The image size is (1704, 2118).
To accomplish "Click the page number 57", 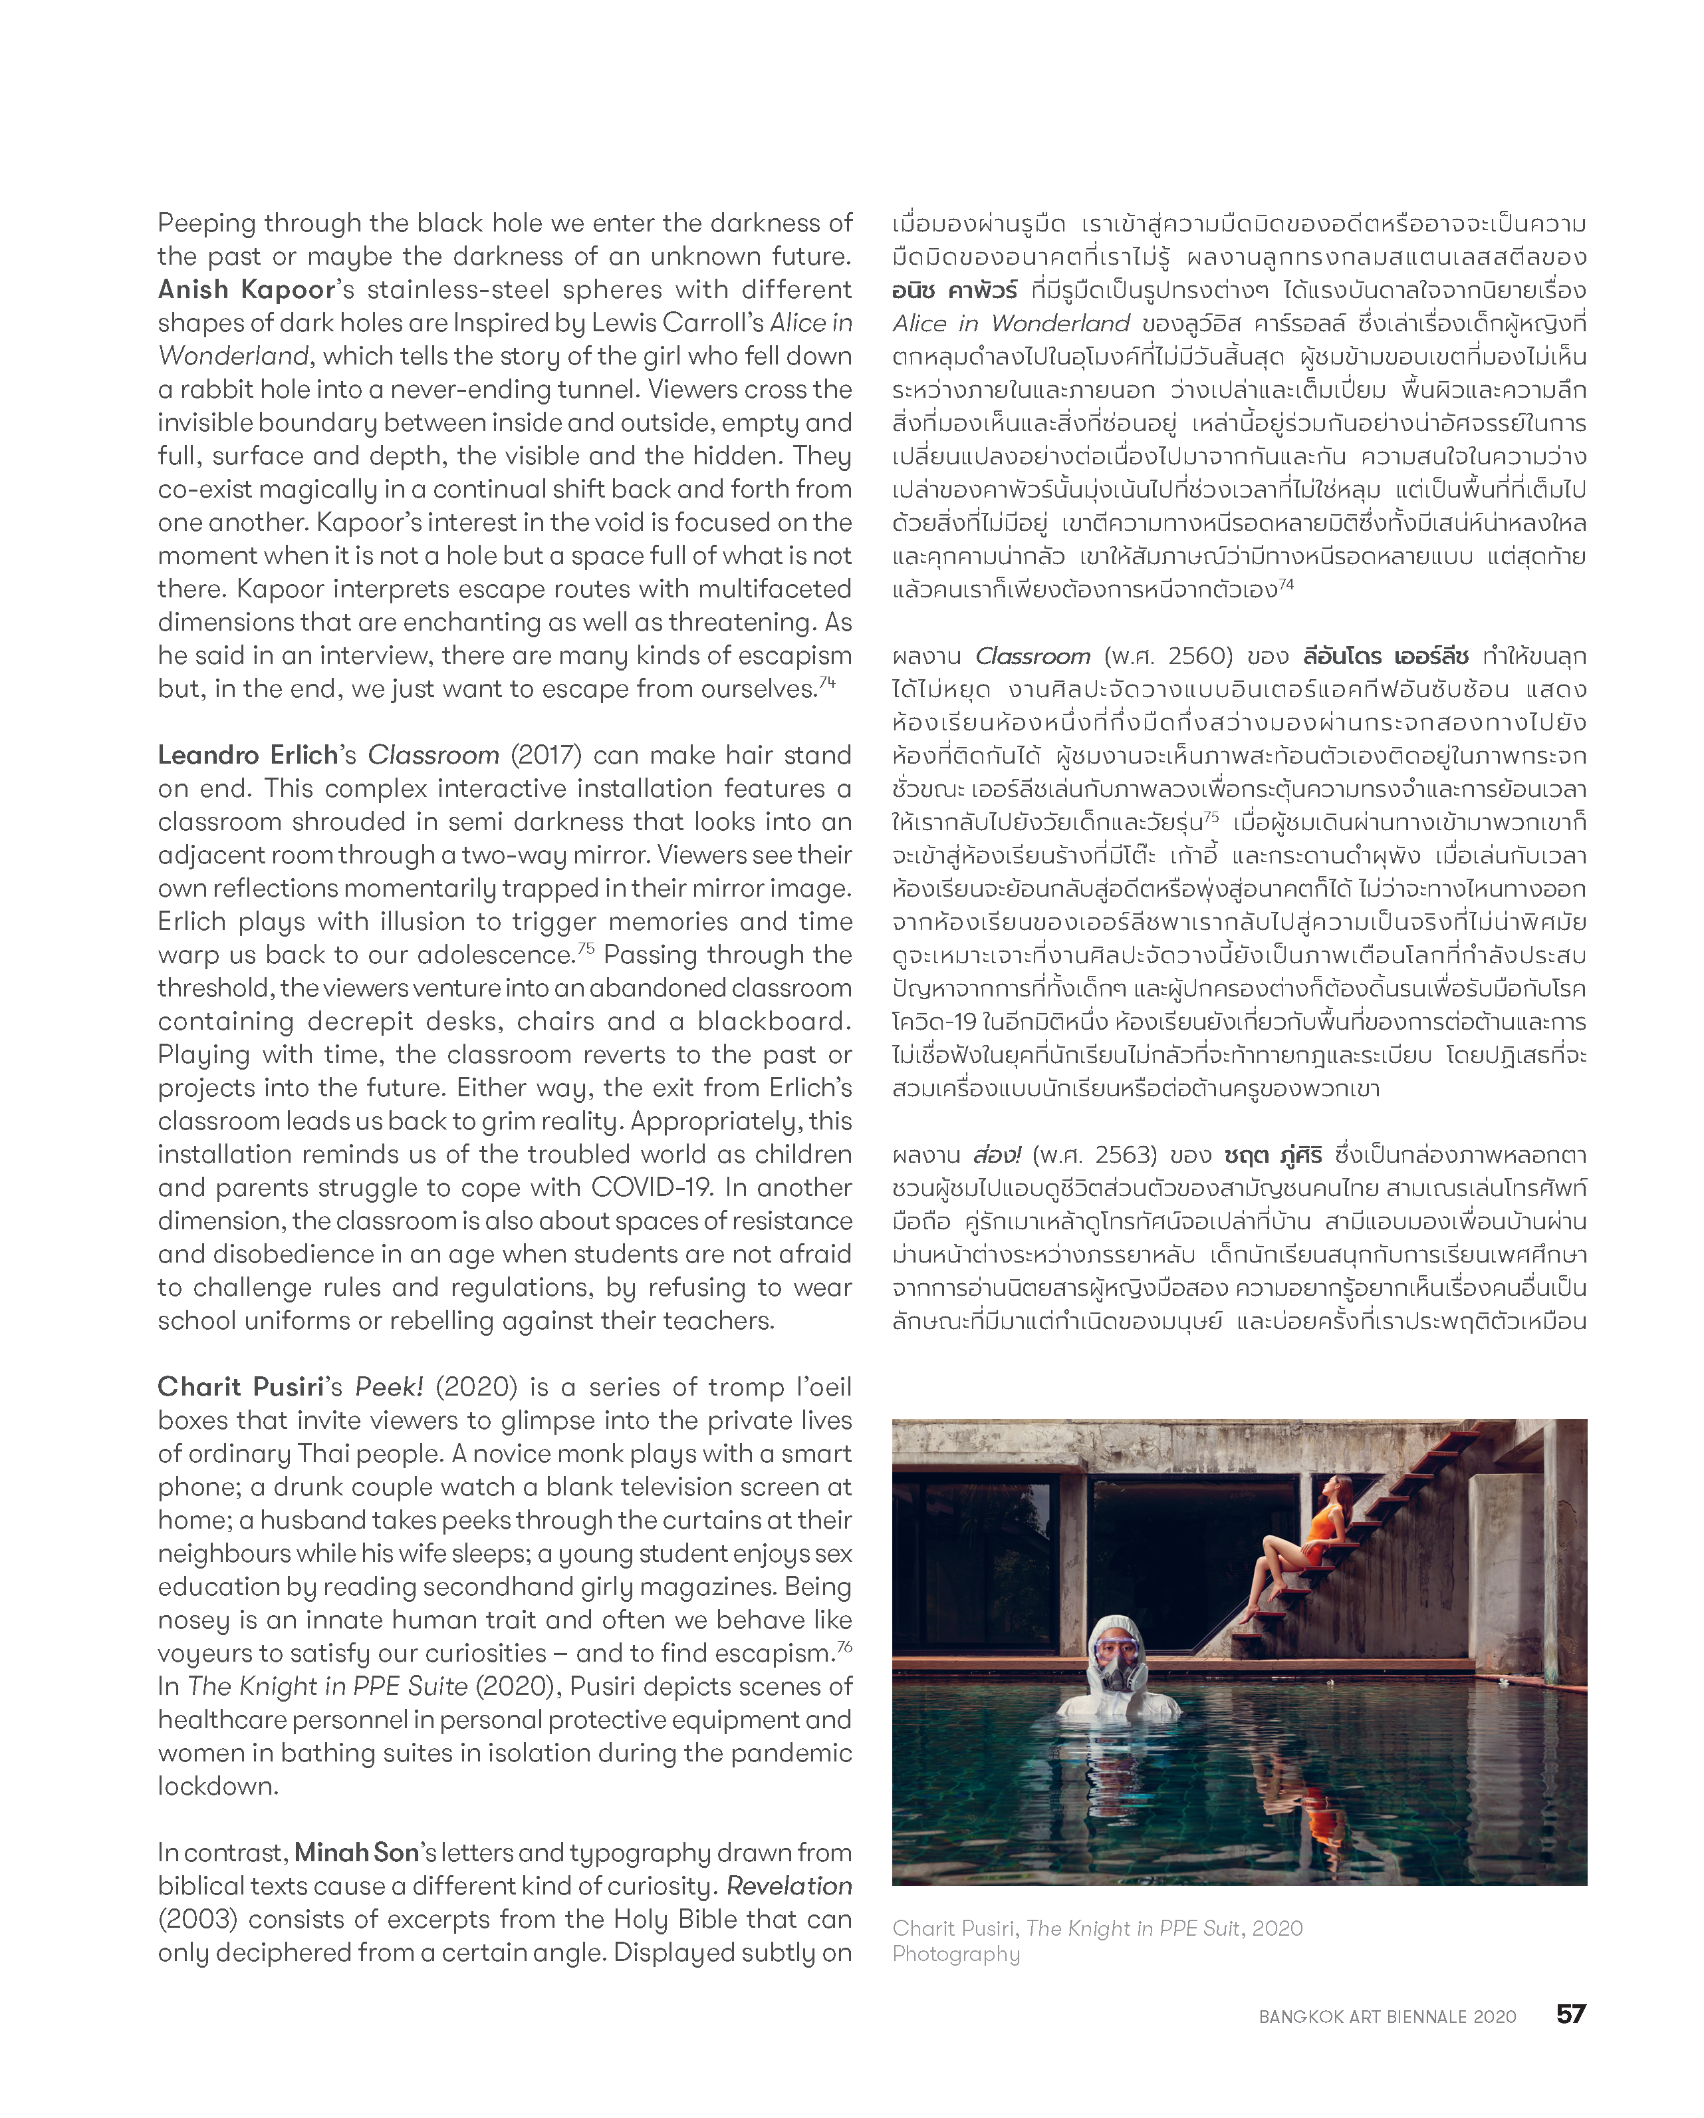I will [x=1570, y=2014].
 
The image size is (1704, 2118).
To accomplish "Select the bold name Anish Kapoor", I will [x=247, y=290].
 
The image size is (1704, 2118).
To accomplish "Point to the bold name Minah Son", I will [x=356, y=1853].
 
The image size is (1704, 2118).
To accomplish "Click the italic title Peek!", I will [x=389, y=1387].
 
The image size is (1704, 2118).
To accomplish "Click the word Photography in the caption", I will [x=955, y=1954].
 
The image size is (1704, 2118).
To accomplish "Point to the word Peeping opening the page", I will [x=206, y=224].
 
